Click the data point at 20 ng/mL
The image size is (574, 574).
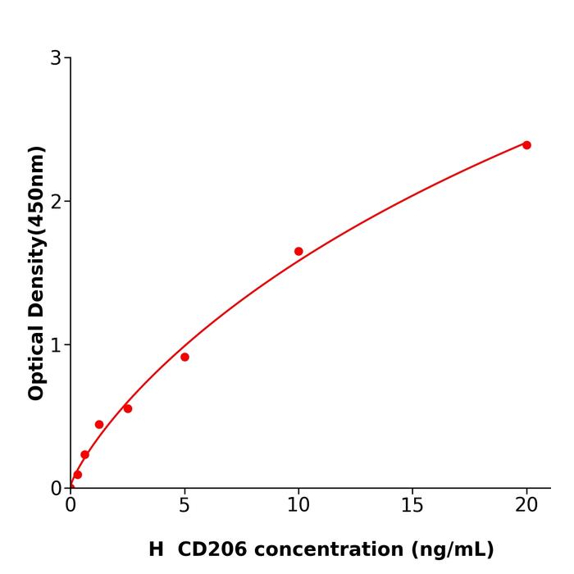526,145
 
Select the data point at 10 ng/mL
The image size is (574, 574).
298,252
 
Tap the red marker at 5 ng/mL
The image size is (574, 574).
184,357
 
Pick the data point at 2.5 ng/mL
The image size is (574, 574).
128,408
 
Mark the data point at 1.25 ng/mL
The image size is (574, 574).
99,425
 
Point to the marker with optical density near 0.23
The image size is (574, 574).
84,455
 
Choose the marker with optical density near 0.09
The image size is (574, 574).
78,475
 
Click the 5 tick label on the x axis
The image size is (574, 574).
184,506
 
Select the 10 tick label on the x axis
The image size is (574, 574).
298,506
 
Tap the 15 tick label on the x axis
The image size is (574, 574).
412,506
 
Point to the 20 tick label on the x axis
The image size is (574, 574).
526,506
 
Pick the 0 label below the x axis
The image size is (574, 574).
71,506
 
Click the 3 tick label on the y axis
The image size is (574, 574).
56,58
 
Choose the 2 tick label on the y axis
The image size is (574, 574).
56,202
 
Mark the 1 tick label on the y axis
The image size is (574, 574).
56,345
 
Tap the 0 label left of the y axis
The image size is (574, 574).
56,489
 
